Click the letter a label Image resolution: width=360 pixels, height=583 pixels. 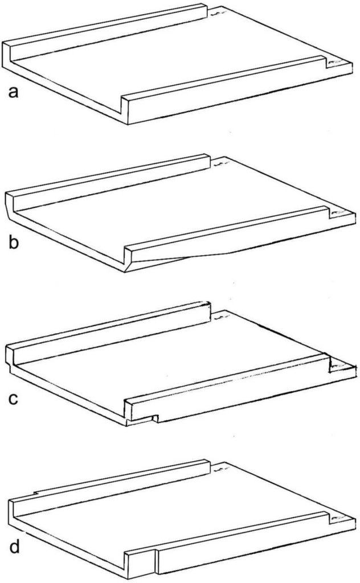[13, 92]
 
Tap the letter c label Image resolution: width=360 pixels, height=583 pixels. [13, 399]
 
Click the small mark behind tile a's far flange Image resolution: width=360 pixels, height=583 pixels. [218, 14]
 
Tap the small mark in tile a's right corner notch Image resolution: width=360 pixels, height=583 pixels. [336, 62]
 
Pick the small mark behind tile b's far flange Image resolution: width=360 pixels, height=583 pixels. [220, 163]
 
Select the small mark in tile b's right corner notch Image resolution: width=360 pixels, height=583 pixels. [338, 213]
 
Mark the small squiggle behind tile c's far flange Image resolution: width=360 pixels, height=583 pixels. [220, 317]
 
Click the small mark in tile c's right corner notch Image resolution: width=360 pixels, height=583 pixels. [338, 367]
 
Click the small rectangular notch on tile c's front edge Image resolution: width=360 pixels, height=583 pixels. [156, 418]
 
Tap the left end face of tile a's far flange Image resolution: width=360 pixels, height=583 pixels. [6, 55]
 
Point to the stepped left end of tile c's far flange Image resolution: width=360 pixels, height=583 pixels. [9, 358]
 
